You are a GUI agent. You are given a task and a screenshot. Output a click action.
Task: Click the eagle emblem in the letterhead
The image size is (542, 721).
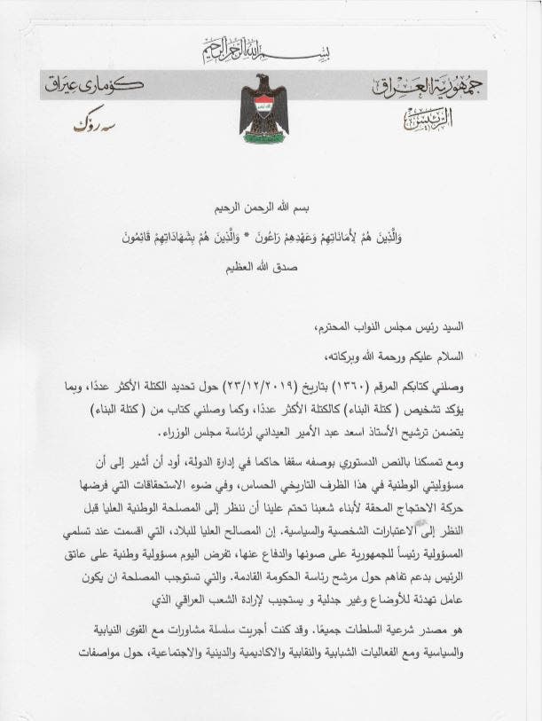266,106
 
